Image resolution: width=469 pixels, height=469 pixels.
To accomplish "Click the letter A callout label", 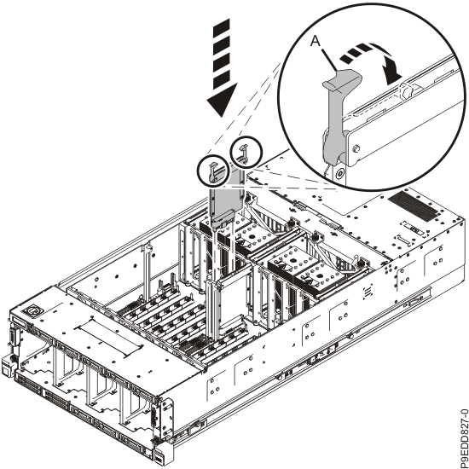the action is (315, 41).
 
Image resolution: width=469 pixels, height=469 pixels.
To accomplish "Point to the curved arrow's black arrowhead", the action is (392, 71).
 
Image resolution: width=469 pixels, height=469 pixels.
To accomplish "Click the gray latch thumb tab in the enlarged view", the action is (342, 79).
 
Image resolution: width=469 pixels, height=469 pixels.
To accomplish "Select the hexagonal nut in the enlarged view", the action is (405, 91).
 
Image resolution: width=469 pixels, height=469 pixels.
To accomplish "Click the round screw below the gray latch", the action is (339, 173).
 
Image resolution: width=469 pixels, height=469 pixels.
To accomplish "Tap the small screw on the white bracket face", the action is (356, 148).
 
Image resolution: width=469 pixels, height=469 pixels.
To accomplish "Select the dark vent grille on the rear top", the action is (413, 206).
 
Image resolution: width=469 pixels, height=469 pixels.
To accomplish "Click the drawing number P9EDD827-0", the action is (463, 438).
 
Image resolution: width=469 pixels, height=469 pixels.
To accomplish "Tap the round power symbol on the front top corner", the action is (32, 310).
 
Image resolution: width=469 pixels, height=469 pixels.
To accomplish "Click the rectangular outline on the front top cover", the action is (109, 337).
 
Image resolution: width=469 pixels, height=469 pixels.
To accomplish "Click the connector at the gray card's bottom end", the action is (223, 221).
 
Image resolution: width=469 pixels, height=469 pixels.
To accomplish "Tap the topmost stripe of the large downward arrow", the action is (222, 24).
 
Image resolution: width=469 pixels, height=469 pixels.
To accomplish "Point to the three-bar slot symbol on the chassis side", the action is (368, 292).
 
